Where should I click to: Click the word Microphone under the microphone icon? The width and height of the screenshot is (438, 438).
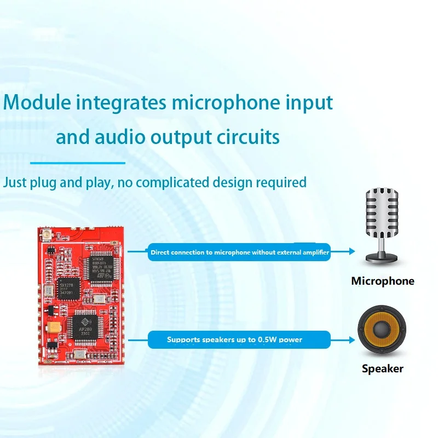[x=383, y=281]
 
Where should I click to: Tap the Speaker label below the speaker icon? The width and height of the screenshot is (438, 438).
[x=382, y=368]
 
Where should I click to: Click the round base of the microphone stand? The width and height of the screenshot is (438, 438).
[x=382, y=256]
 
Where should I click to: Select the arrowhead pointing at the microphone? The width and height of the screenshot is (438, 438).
[x=351, y=252]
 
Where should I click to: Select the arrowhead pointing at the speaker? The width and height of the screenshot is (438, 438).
[x=351, y=340]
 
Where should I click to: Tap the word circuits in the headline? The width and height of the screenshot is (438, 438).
[x=247, y=136]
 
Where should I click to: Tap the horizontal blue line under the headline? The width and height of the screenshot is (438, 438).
[x=78, y=163]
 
